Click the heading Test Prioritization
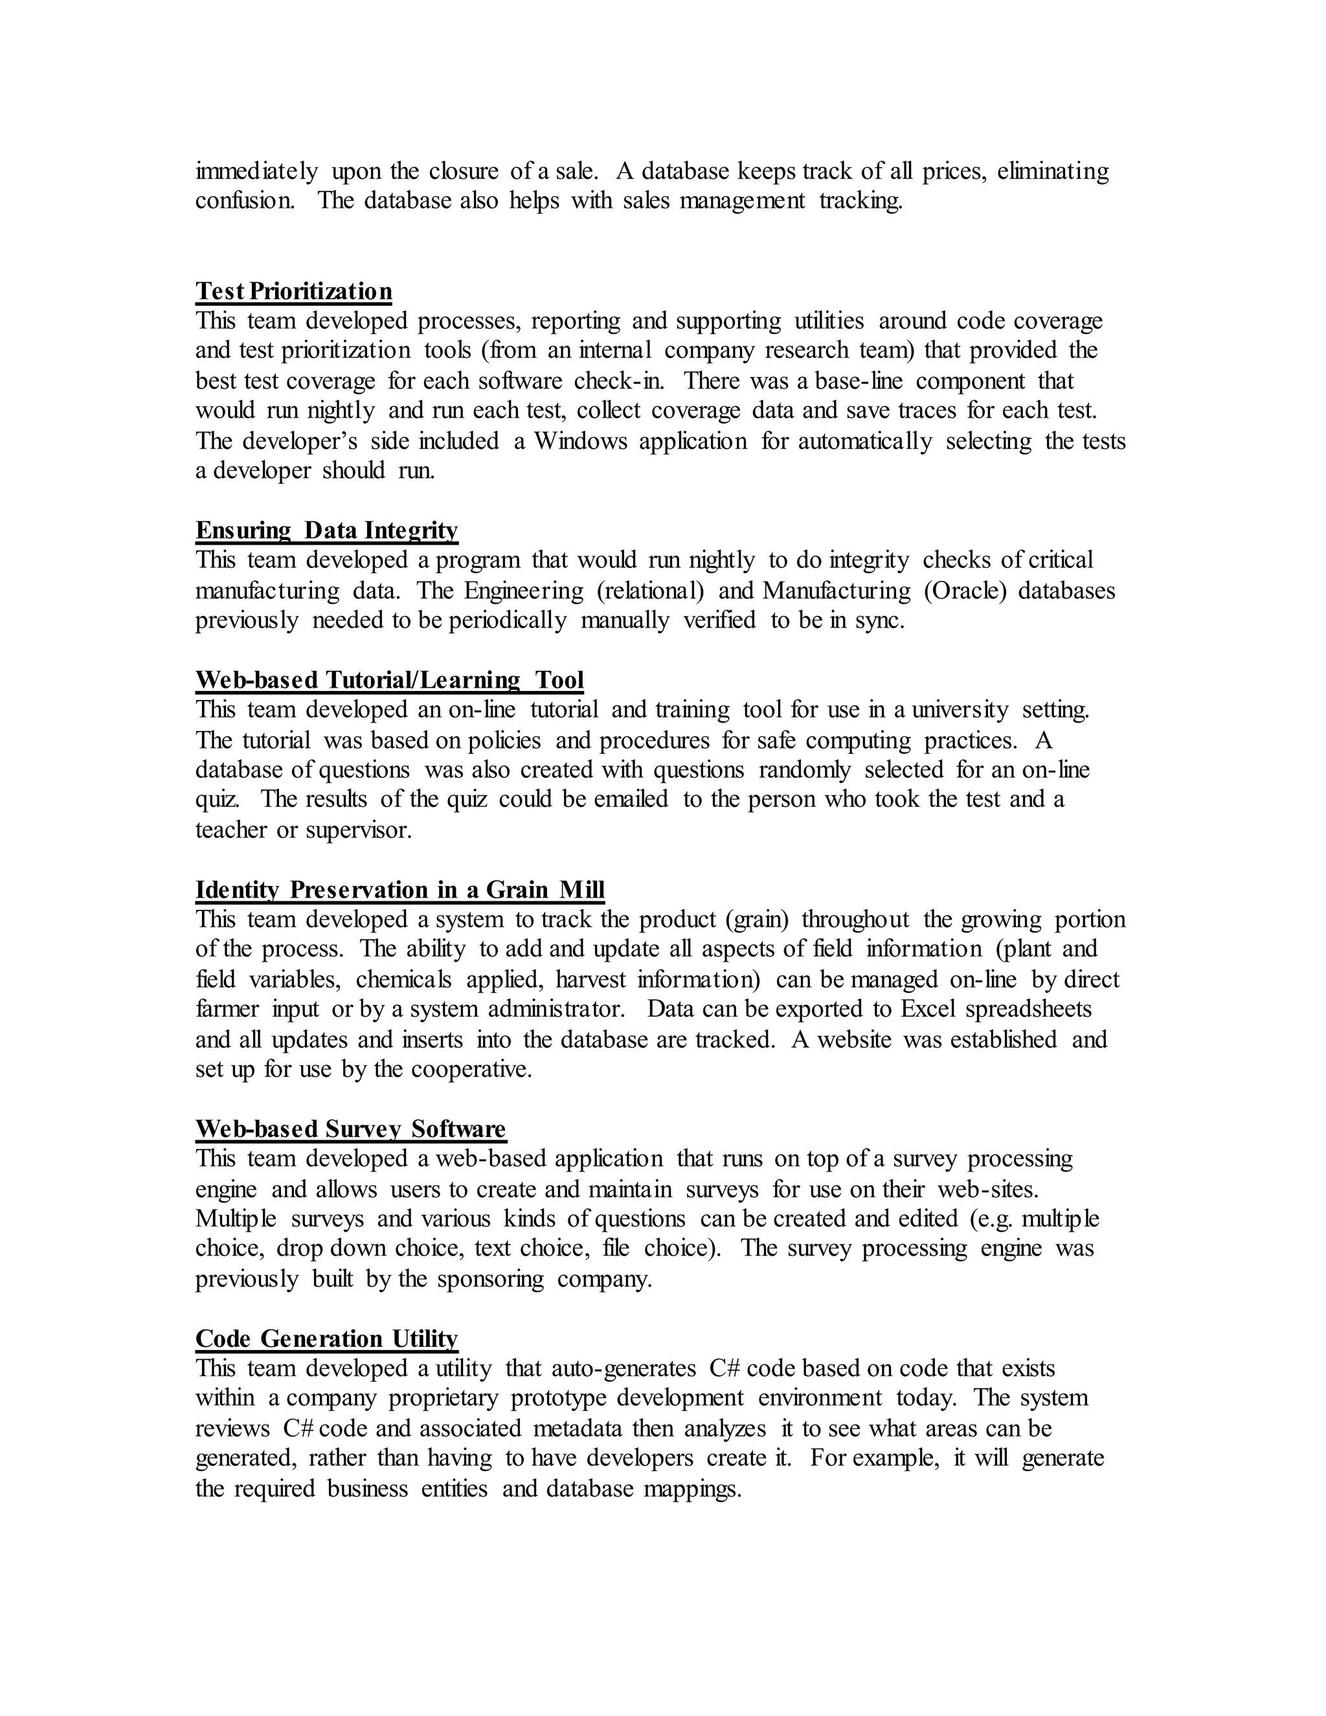pos(293,291)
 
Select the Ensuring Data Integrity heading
pos(326,530)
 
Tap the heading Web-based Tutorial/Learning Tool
pos(389,680)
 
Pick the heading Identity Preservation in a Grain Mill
pos(400,890)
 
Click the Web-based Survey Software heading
pos(350,1129)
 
